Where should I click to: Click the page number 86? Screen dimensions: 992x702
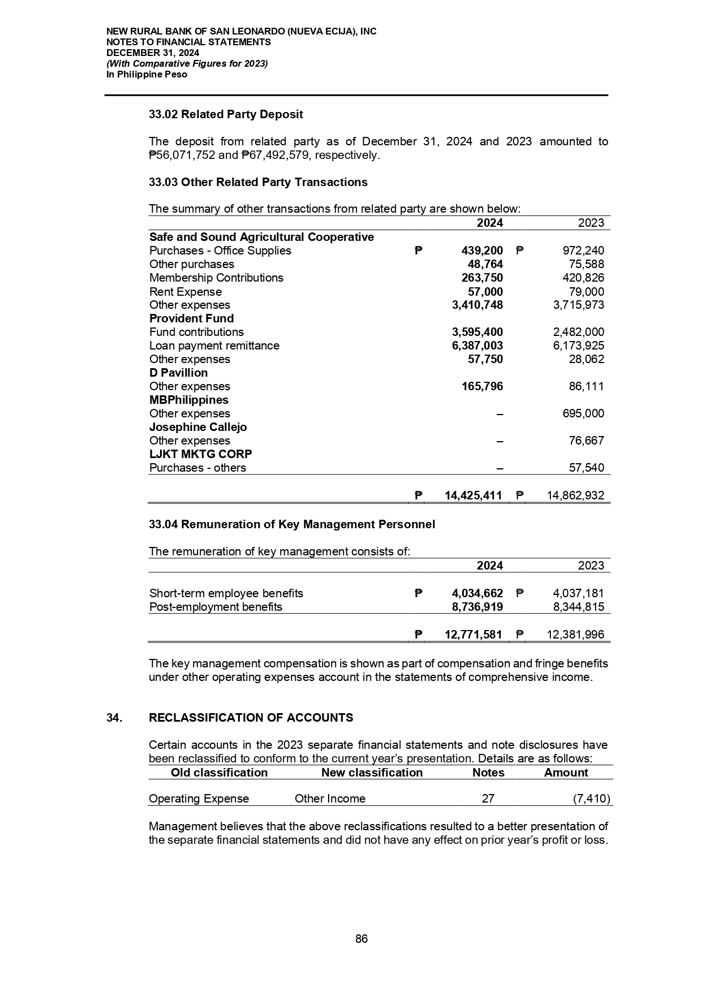click(361, 939)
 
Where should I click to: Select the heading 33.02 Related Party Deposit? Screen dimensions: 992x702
click(226, 114)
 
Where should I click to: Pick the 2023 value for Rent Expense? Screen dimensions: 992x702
click(586, 292)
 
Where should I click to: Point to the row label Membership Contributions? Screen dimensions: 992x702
click(216, 278)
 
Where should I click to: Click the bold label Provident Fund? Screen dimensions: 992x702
click(191, 318)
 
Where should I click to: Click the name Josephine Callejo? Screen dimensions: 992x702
click(198, 427)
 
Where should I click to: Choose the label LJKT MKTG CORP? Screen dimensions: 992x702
click(201, 454)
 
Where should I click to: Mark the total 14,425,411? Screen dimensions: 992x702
click(473, 496)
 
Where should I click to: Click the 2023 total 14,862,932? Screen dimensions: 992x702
click(575, 496)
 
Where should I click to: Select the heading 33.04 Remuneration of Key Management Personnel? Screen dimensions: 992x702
click(292, 524)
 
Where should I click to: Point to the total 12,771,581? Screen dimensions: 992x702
click(473, 635)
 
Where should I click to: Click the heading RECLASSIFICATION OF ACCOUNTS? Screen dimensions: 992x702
click(251, 718)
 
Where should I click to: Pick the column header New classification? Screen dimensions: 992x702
click(372, 773)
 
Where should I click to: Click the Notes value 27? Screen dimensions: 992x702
click(488, 799)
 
